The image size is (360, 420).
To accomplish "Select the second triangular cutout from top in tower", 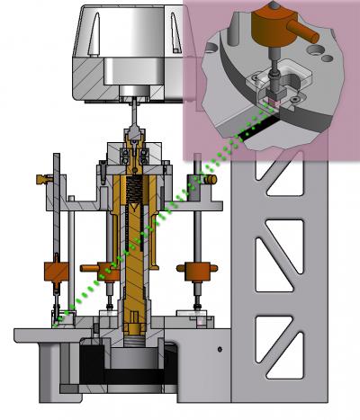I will pyautogui.click(x=271, y=247).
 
